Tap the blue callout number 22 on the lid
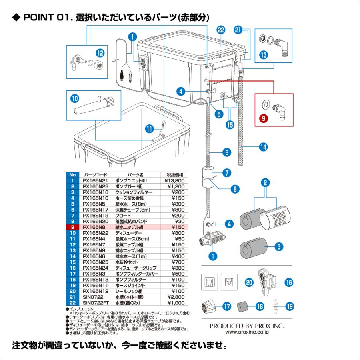pyautogui.click(x=221, y=30)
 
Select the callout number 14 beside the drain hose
pyautogui.click(x=263, y=147)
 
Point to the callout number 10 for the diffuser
pyautogui.click(x=74, y=98)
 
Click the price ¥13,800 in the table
pyautogui.click(x=174, y=181)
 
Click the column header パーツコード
pyautogui.click(x=94, y=175)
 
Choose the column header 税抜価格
pyautogui.click(x=175, y=175)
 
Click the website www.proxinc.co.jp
pyautogui.click(x=247, y=332)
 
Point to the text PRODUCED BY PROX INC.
pyautogui.click(x=247, y=326)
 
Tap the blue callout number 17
pyautogui.click(x=227, y=307)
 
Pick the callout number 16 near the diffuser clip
pyautogui.click(x=289, y=282)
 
